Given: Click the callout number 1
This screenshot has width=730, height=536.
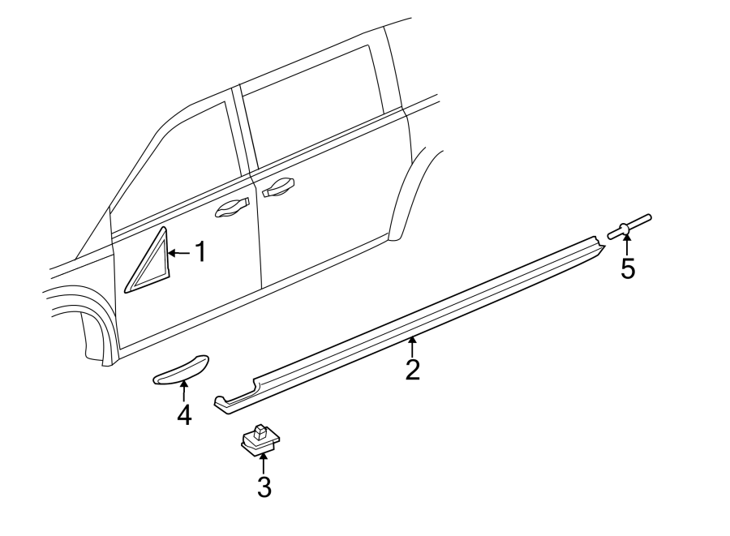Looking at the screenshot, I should pyautogui.click(x=200, y=253).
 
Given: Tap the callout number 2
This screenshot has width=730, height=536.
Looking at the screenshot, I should pyautogui.click(x=413, y=369).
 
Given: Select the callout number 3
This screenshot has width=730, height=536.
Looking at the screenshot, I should pyautogui.click(x=264, y=487).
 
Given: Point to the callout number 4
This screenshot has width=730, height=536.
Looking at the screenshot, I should pyautogui.click(x=184, y=415).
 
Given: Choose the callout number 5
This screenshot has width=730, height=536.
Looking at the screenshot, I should pyautogui.click(x=628, y=268).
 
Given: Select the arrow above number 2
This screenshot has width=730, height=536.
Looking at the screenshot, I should pyautogui.click(x=413, y=347).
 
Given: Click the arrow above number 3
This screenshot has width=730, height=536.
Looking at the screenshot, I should pyautogui.click(x=264, y=465).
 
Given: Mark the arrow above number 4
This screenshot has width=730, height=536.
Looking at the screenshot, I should pyautogui.click(x=184, y=392).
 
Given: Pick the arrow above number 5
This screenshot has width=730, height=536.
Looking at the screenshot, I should pyautogui.click(x=628, y=245).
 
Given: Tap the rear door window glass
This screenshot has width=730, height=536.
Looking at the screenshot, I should pyautogui.click(x=316, y=114).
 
